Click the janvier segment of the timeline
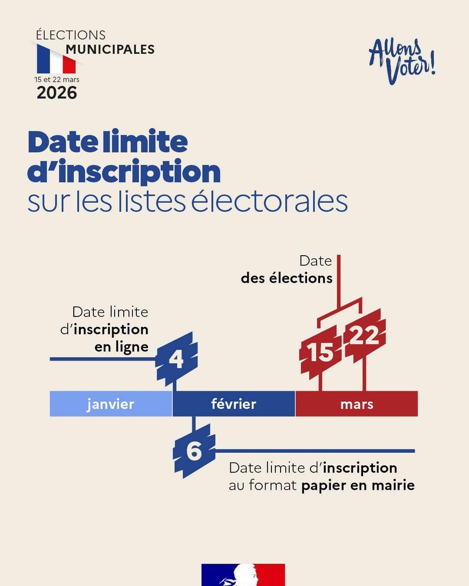pyautogui.click(x=111, y=404)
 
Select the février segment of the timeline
pyautogui.click(x=234, y=404)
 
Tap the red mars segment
pyautogui.click(x=357, y=404)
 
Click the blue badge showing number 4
pyautogui.click(x=176, y=359)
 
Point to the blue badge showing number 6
pyautogui.click(x=194, y=451)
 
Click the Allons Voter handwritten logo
pyautogui.click(x=402, y=61)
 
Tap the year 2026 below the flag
pyautogui.click(x=57, y=93)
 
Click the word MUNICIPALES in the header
pyautogui.click(x=110, y=50)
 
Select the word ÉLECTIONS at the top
pyautogui.click(x=70, y=35)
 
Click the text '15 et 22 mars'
pyautogui.click(x=57, y=80)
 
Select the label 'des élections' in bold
pyautogui.click(x=286, y=278)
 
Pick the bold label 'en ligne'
pyautogui.click(x=121, y=347)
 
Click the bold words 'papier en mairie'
pyautogui.click(x=358, y=486)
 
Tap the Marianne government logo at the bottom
pyautogui.click(x=243, y=575)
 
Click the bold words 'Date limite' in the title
pyautogui.click(x=108, y=142)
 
